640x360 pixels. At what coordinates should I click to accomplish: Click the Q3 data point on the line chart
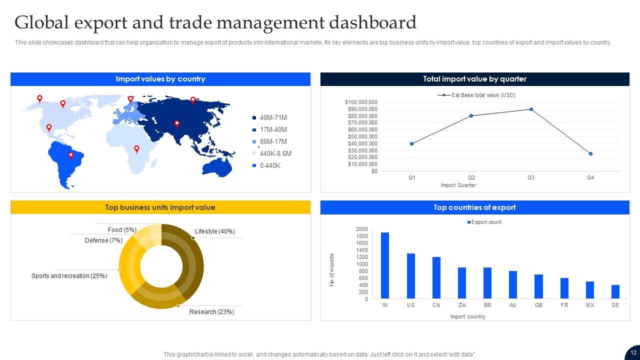point(531,109)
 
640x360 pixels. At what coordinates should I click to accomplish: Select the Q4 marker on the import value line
point(590,154)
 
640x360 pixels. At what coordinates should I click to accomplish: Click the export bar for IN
point(385,265)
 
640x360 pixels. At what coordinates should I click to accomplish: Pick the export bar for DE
point(615,292)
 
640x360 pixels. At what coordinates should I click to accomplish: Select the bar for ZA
point(462,283)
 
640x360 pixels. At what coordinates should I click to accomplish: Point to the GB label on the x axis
point(538,305)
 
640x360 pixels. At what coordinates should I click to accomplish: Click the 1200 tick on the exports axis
point(361,257)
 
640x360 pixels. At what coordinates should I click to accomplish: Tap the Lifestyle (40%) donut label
point(215,231)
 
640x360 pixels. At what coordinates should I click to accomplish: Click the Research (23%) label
point(211,312)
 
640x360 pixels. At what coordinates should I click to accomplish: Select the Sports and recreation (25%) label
point(69,276)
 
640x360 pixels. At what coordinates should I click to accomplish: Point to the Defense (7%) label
point(103,240)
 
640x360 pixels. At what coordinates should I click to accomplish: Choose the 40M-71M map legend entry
point(273,118)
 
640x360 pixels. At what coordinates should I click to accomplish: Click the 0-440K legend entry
point(270,166)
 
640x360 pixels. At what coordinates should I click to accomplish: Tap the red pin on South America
point(71,155)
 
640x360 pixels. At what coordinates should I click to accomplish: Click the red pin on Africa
point(136,149)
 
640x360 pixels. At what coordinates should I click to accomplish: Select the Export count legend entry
point(484,222)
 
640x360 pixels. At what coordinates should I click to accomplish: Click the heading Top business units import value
point(160,207)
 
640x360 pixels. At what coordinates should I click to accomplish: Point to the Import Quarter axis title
point(458,185)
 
